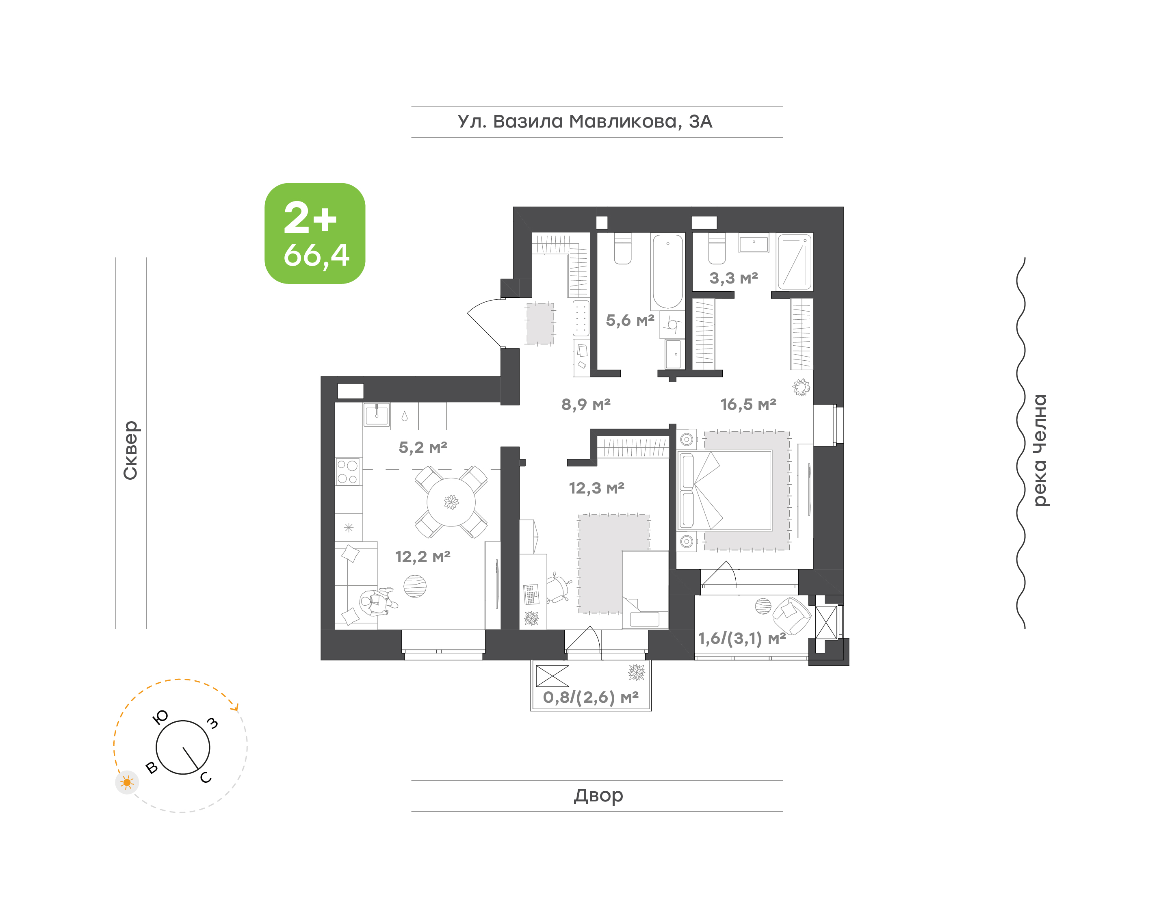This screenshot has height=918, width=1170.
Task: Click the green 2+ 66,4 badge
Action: [315, 233]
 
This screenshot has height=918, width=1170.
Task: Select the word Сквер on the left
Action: [130, 450]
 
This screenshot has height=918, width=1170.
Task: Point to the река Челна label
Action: [1040, 450]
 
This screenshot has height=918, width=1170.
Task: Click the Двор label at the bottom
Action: [598, 795]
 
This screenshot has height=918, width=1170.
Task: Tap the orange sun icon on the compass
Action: [127, 782]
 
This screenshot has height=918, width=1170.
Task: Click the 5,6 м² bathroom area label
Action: [630, 320]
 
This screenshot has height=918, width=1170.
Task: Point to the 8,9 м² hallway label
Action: [586, 404]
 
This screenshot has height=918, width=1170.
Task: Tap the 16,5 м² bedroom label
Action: [748, 404]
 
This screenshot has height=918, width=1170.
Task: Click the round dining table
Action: [451, 502]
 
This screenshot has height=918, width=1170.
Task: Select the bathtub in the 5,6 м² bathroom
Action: [667, 271]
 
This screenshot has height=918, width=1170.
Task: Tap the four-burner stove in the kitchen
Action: [348, 471]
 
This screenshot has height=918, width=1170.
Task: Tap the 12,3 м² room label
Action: [596, 488]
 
